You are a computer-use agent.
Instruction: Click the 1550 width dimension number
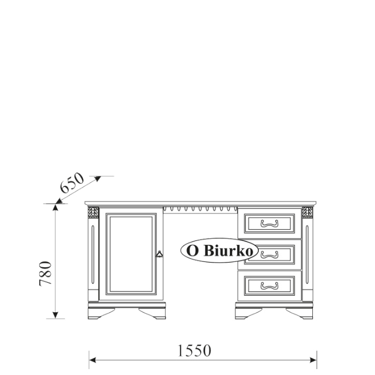[x=194, y=350]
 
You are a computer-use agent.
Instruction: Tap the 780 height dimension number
[x=46, y=274]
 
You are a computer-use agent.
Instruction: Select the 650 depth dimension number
[x=72, y=183]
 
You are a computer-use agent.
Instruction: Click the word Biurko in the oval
[x=229, y=251]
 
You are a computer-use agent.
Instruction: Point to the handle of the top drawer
[x=269, y=223]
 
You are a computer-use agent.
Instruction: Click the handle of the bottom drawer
[x=269, y=286]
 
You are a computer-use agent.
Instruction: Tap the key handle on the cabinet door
[x=159, y=254]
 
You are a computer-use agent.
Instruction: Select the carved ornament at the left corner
[x=93, y=213]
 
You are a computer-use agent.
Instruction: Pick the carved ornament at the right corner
[x=307, y=213]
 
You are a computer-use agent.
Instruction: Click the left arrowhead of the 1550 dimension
[x=92, y=360]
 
